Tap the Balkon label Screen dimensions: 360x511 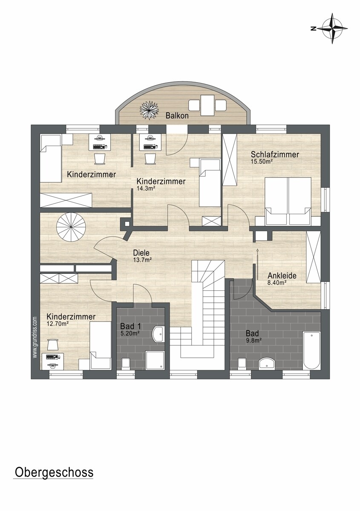pyautogui.click(x=177, y=116)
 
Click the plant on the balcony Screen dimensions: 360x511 pyautogui.click(x=149, y=110)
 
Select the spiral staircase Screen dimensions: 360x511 pyautogui.click(x=71, y=227)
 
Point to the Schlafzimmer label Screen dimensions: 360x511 pyautogui.click(x=275, y=155)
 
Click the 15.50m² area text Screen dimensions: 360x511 pyautogui.click(x=262, y=161)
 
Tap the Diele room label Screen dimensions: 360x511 pyautogui.click(x=141, y=253)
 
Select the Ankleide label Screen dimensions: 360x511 pyautogui.click(x=282, y=276)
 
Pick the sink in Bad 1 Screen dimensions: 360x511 pyautogui.click(x=158, y=334)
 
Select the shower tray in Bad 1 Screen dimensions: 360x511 pyautogui.click(x=155, y=360)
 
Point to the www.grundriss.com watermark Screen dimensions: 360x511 pyautogui.click(x=35, y=338)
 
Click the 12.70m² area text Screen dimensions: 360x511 pyautogui.click(x=58, y=324)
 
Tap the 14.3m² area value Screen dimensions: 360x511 pyautogui.click(x=146, y=188)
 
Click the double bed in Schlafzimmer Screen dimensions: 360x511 pyautogui.click(x=288, y=201)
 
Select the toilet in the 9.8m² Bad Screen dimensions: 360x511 pyautogui.click(x=242, y=363)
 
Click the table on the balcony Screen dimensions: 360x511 pyautogui.click(x=207, y=105)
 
